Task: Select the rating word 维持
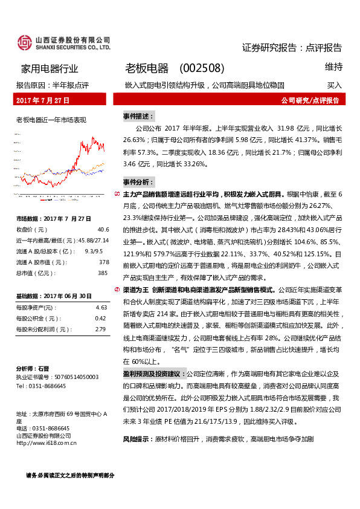tap(333, 66)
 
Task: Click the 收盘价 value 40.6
tap(103, 230)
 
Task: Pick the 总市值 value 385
tap(103, 273)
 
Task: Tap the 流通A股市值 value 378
tap(103, 262)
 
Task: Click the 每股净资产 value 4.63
tap(101, 308)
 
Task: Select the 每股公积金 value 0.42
tap(101, 319)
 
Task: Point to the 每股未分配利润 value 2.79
tap(101, 329)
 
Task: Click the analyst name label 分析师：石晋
tap(33, 368)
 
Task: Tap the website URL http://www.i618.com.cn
tap(47, 443)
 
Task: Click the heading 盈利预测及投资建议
tap(153, 374)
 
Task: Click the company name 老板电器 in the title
tap(147, 68)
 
